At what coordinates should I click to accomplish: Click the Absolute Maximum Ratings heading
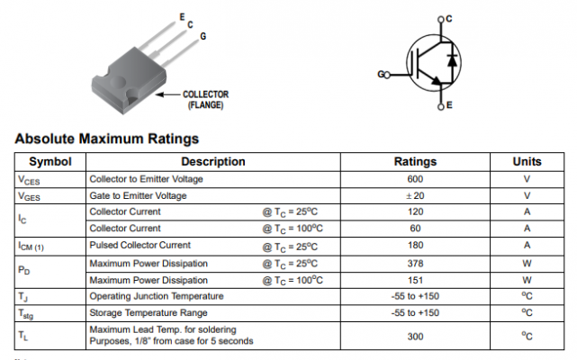click(107, 139)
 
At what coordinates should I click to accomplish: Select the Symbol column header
click(50, 162)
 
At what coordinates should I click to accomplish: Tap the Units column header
click(527, 162)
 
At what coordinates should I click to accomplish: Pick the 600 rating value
click(415, 179)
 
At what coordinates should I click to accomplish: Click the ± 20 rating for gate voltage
click(415, 195)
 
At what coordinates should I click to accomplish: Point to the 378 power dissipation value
click(415, 264)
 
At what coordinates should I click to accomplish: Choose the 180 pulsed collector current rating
click(415, 246)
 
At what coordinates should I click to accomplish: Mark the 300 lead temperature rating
click(415, 336)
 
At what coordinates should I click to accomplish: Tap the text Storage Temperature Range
click(145, 313)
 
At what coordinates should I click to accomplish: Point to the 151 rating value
click(415, 280)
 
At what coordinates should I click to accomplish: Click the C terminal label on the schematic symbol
click(448, 19)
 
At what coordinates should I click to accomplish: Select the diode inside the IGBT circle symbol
click(452, 60)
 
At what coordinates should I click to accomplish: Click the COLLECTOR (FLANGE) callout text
click(205, 99)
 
